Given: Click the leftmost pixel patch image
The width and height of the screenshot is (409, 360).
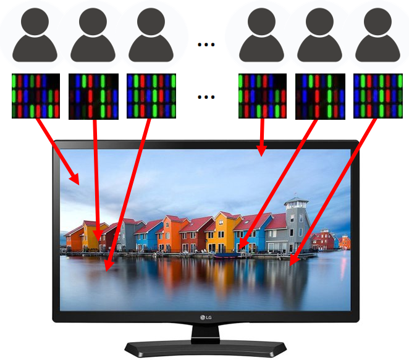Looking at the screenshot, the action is pos(36,96).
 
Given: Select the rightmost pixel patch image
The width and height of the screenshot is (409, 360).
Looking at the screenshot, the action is pos(377,96).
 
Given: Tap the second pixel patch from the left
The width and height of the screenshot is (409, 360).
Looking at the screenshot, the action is pos(93,96).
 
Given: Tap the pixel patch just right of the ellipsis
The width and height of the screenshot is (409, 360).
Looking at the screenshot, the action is pos(262,96).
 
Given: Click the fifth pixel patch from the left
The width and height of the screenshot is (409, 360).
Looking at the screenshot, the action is pos(319,96).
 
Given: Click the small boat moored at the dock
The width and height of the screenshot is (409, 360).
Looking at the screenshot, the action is pos(227,254).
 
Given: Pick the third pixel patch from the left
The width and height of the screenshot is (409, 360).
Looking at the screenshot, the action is pos(151,96).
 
